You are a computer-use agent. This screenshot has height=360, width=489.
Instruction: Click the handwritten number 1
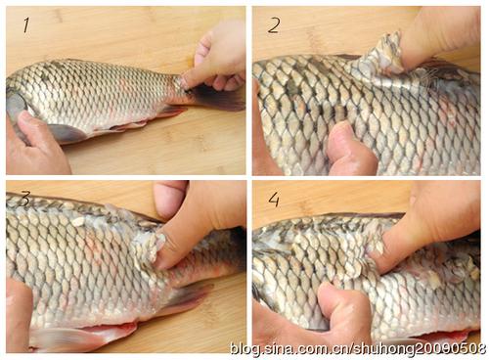click(x=26, y=25)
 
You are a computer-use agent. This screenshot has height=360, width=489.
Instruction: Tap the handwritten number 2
click(x=274, y=25)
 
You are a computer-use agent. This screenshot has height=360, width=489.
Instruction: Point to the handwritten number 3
click(x=24, y=199)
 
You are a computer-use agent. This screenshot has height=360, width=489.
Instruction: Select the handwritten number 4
click(x=274, y=200)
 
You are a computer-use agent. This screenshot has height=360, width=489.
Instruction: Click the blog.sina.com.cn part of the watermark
click(x=289, y=348)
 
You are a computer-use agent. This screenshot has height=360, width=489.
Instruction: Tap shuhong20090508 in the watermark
click(x=421, y=348)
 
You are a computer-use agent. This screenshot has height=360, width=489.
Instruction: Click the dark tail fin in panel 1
click(x=217, y=97)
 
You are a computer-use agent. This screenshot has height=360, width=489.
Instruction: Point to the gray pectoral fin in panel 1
click(x=66, y=133)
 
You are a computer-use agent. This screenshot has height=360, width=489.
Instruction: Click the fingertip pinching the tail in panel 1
click(x=188, y=81)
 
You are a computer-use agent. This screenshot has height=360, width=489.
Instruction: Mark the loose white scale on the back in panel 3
click(x=78, y=222)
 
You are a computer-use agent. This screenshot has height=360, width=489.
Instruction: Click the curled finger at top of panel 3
click(x=170, y=198)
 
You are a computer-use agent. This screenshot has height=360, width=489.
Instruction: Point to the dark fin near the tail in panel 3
click(x=188, y=296)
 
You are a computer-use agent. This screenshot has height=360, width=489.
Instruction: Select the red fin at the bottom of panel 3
click(x=85, y=335)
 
